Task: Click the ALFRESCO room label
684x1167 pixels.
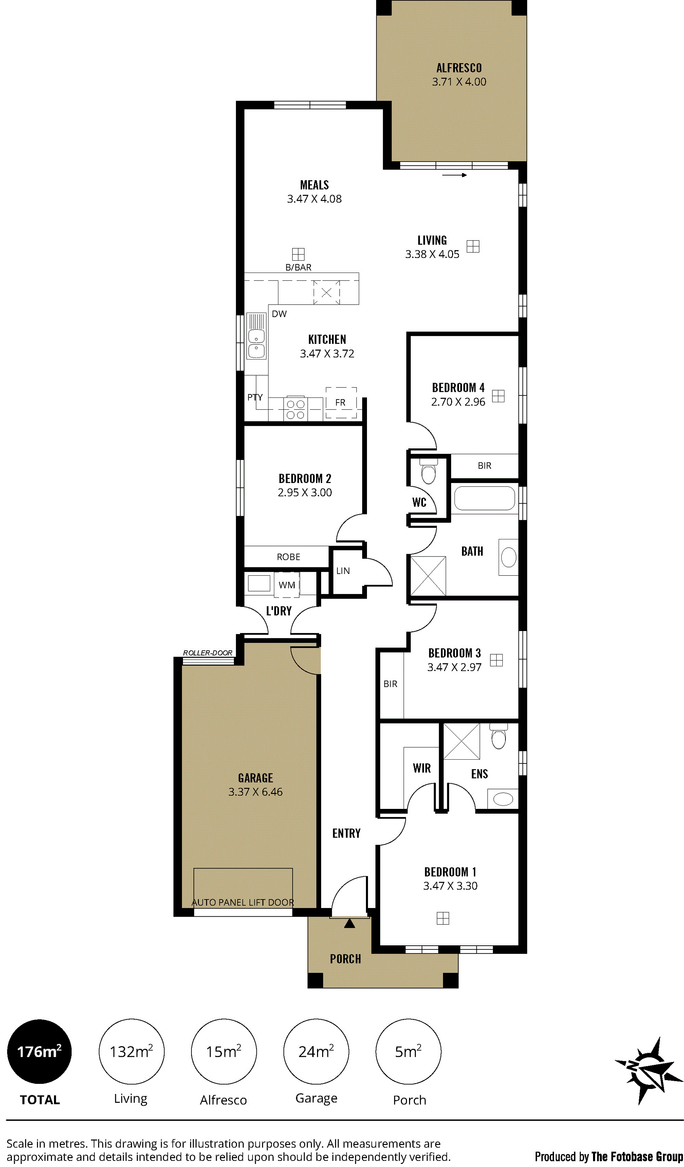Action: point(459,68)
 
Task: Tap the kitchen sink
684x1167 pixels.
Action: point(256,336)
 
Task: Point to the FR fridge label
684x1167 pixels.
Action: point(340,403)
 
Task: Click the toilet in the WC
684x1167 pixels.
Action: point(429,471)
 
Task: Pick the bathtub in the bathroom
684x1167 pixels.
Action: point(484,498)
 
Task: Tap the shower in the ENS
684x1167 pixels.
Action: point(462,742)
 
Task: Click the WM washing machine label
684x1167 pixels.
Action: point(287,585)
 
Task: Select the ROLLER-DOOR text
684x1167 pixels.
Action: point(208,653)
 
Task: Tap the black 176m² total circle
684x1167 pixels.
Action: point(39,1051)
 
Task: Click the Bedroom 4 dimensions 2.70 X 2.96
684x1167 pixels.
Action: point(458,402)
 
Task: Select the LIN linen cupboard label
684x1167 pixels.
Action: point(343,571)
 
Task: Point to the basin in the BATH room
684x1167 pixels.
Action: point(509,557)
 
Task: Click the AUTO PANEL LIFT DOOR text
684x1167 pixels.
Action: point(243,903)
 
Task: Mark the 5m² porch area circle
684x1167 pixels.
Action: point(408,1051)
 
